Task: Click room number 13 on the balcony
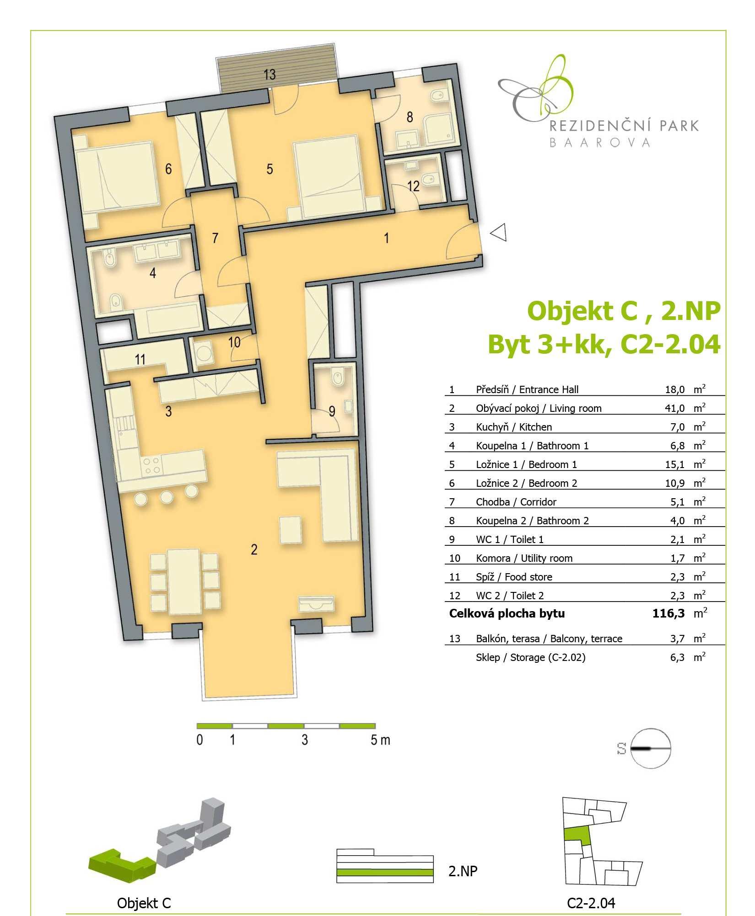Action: click(x=270, y=74)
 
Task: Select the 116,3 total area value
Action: click(x=669, y=613)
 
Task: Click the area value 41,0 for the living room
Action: click(x=675, y=408)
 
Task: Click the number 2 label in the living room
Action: click(x=254, y=549)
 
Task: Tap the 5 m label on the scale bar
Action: click(x=380, y=740)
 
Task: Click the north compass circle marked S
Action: click(x=650, y=749)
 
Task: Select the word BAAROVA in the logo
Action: click(x=600, y=143)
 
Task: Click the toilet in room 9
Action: click(x=338, y=378)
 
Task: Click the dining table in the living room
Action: click(x=184, y=581)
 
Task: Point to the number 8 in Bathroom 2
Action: click(x=410, y=117)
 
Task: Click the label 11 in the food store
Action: click(x=140, y=360)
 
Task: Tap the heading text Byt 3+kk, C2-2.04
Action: click(x=604, y=345)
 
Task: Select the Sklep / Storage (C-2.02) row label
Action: click(x=530, y=657)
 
